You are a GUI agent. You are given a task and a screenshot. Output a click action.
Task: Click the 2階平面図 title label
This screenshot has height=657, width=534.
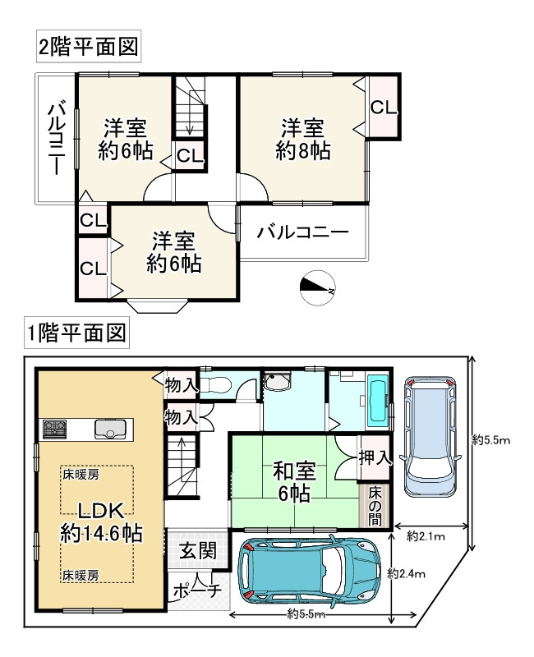89,47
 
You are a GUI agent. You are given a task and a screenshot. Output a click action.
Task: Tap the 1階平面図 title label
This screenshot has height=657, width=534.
76,333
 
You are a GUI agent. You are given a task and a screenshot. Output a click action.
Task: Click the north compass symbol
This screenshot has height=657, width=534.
318,287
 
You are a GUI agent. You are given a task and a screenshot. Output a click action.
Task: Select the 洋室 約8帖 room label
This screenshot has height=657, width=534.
302,140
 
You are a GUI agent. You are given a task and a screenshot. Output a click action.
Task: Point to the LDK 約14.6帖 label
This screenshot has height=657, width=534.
101,522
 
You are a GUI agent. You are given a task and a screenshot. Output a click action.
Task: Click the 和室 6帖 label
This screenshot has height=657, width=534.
294,482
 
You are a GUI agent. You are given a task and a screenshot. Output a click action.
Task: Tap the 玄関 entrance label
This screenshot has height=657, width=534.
198,550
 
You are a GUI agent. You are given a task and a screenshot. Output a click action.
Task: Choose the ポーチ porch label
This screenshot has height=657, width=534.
197,590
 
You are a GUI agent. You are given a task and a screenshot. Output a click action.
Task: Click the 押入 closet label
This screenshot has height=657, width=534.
375,457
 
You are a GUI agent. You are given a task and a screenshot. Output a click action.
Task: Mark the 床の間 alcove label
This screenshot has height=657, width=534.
375,506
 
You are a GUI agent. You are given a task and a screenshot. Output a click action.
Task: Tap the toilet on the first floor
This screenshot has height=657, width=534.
215,384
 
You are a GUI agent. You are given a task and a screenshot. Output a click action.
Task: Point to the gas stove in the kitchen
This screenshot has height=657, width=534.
54,429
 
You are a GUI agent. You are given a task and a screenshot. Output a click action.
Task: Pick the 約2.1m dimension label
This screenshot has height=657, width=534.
426,536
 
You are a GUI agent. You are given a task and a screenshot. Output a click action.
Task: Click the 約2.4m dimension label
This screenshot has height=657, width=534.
406,573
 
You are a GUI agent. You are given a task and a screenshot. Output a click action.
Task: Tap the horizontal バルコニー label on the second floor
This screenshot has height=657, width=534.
302,232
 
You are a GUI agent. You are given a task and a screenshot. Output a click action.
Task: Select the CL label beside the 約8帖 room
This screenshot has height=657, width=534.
384,108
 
